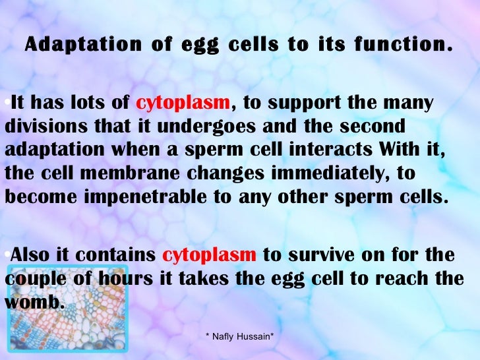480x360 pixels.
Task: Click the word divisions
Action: click(x=41, y=125)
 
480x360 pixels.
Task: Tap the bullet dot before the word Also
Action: click(x=6, y=253)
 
